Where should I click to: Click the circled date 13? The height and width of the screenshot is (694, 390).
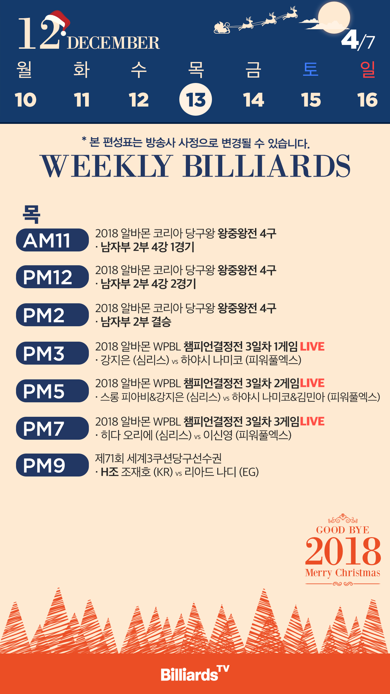tap(196, 100)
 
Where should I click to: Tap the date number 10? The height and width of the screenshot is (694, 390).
tap(25, 100)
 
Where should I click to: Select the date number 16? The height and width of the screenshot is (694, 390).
tap(367, 100)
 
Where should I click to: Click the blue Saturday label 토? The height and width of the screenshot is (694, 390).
tap(311, 69)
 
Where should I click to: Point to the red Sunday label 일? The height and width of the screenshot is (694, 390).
tap(368, 69)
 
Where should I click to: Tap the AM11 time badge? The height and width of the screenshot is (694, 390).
tap(52, 240)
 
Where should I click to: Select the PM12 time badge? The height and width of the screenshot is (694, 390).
tap(52, 277)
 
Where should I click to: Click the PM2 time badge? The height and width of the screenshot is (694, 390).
tap(52, 315)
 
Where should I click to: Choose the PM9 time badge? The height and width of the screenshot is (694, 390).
tap(52, 465)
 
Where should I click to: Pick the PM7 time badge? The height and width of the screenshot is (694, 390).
tap(52, 428)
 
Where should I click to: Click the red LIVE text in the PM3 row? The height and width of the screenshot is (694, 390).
tap(312, 346)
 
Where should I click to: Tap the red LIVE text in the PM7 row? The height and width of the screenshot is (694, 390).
tap(312, 421)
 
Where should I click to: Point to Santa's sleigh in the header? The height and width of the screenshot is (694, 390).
tap(222, 28)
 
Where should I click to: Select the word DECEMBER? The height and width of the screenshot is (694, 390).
tap(113, 43)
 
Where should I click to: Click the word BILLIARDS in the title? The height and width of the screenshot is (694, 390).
tap(267, 166)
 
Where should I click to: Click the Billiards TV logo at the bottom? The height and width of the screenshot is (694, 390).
tap(195, 674)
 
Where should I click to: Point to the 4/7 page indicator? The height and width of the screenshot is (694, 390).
tap(358, 40)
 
